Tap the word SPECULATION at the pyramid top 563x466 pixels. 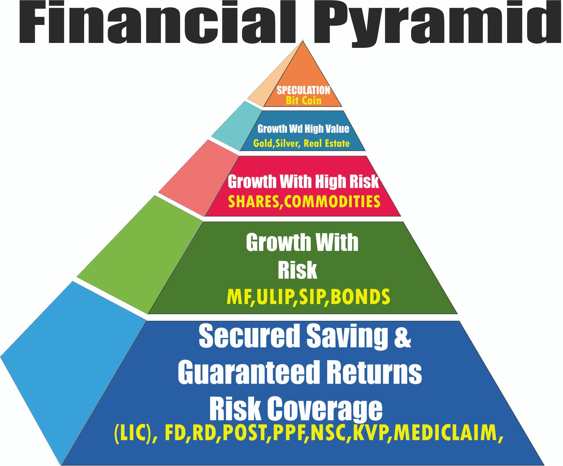(303, 90)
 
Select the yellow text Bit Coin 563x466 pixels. (304, 101)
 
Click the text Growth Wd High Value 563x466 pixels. (303, 129)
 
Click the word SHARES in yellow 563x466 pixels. (253, 202)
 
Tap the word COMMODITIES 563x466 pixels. (332, 202)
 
